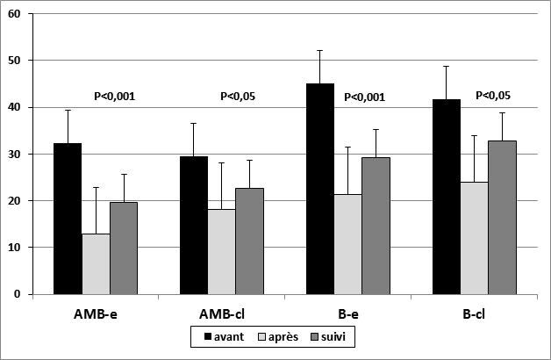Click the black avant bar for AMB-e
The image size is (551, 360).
click(68, 219)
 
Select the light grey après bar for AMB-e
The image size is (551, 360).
click(96, 263)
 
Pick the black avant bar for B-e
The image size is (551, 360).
click(320, 189)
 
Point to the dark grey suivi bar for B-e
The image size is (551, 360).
click(376, 226)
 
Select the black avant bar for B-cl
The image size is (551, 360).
click(447, 197)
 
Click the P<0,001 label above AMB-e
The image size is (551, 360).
click(114, 97)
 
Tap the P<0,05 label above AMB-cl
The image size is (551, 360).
click(240, 97)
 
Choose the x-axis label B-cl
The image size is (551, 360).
click(475, 312)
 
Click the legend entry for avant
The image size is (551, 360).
click(223, 335)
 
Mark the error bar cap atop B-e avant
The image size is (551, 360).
click(320, 51)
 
